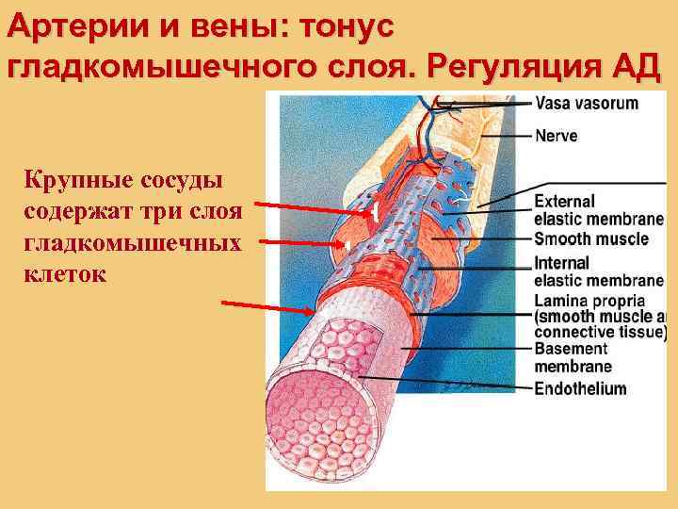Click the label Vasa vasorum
coord(586,104)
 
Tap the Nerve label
coord(557,136)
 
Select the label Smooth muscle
coord(590,238)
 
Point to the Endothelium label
coord(579,388)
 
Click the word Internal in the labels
coord(561,263)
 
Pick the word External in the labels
coord(564,201)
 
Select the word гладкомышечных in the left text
coord(131,242)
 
